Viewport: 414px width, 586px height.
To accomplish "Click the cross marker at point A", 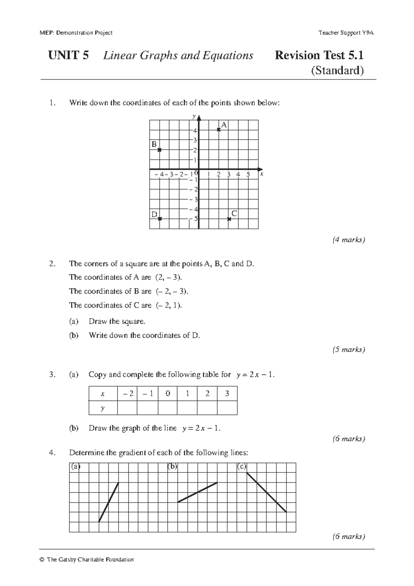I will pyautogui.click(x=219, y=130).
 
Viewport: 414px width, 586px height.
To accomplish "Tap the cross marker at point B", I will pyautogui.click(x=159, y=150).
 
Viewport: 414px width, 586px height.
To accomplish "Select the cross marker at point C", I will pyautogui.click(x=229, y=219).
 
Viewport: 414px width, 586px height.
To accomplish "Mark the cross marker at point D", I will pyautogui.click(x=160, y=219).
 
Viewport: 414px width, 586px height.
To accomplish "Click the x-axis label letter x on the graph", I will pyautogui.click(x=262, y=174).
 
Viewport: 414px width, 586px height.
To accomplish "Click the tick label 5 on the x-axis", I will pyautogui.click(x=248, y=175).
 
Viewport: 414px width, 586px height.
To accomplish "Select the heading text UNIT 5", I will pyautogui.click(x=68, y=55).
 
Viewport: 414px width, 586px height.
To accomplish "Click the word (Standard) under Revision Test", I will pyautogui.click(x=337, y=71).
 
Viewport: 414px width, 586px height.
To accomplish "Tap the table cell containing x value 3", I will pyautogui.click(x=227, y=393).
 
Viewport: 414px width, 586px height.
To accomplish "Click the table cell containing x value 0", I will pyautogui.click(x=168, y=393).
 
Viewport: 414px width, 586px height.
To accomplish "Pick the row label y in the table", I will pyautogui.click(x=102, y=408).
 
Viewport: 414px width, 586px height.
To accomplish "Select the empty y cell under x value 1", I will pyautogui.click(x=187, y=408).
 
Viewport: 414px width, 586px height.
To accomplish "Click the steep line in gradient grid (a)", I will pyautogui.click(x=109, y=502).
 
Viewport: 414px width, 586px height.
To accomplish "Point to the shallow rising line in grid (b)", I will pyautogui.click(x=197, y=492).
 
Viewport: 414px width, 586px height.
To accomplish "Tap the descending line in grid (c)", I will pyautogui.click(x=266, y=492).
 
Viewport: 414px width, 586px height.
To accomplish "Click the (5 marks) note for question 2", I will pyautogui.click(x=348, y=350).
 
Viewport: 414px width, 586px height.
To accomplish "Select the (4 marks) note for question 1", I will pyautogui.click(x=348, y=240).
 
